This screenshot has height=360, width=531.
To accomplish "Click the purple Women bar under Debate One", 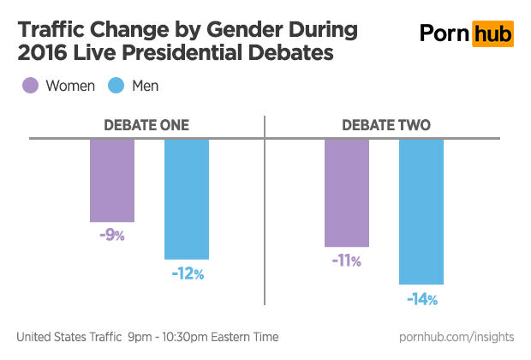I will [x=112, y=180].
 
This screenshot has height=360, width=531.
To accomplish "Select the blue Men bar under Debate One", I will [x=187, y=199].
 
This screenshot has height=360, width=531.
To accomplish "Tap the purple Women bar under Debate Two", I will [x=347, y=192].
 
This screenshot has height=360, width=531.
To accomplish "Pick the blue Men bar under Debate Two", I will [x=421, y=211].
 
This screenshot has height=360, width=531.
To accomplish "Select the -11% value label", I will [x=346, y=261].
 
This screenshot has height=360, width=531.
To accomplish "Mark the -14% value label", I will [x=421, y=299].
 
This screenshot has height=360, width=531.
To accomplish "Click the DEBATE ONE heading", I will [x=146, y=125].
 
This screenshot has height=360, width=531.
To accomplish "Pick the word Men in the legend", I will [x=146, y=86].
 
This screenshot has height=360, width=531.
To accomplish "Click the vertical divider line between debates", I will [x=265, y=214].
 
